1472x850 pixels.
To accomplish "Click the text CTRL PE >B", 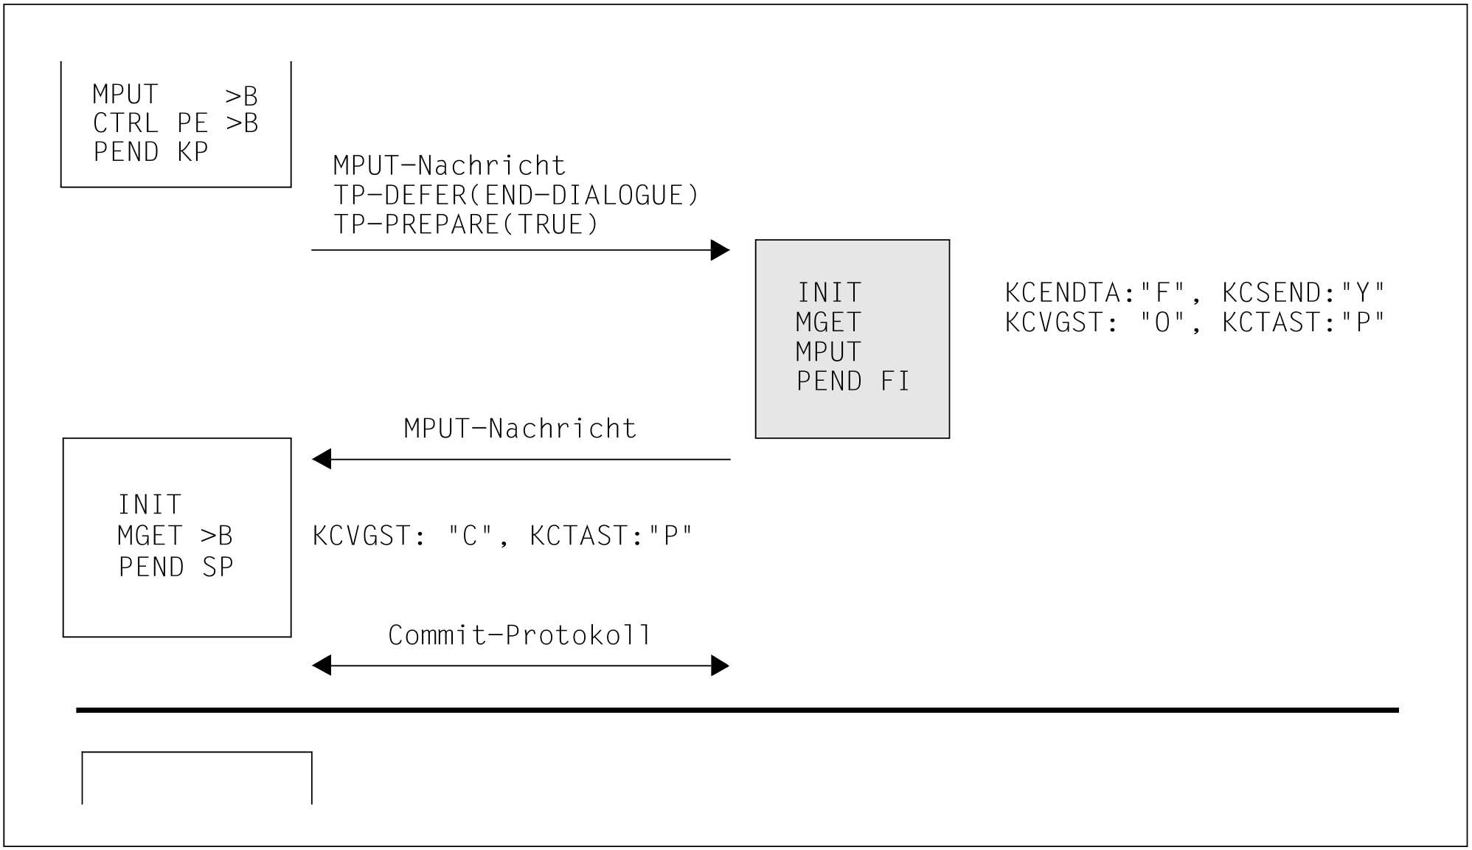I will point(176,123).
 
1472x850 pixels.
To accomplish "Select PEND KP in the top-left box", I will point(150,152).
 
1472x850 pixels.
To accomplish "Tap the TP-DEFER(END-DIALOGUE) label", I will point(515,196).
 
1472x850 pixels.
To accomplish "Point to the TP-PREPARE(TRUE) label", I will point(466,224).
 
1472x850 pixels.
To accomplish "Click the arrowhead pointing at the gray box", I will point(720,250).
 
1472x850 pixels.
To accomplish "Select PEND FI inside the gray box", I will point(853,381).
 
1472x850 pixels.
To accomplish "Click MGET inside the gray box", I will point(828,322).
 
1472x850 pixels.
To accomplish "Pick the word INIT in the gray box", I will point(829,293).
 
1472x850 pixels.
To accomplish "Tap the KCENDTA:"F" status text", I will point(1097,293).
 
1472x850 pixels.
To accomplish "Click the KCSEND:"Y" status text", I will point(1303,293).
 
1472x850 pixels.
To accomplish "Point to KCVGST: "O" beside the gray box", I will point(1097,322).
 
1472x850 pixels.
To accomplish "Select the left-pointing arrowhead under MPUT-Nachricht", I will point(322,460).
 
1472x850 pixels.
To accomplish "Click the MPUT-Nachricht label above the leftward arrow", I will point(520,429).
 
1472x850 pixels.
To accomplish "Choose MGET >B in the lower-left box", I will point(175,536).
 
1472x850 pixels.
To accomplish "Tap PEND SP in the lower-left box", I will point(176,567).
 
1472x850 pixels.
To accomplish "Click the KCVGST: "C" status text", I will point(402,536).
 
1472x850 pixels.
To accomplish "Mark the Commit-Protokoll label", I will point(520,635).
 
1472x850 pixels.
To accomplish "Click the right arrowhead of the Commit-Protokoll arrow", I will point(720,666).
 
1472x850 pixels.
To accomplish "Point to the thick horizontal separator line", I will point(737,711).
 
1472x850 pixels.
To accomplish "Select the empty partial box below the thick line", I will point(197,778).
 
